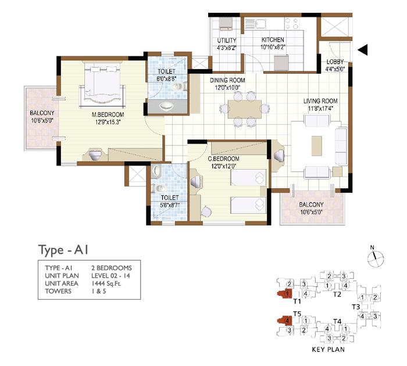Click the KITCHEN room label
[273, 40]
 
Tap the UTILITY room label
[227, 41]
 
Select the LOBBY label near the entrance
[335, 62]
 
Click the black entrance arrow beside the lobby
[363, 50]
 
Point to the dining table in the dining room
[245, 109]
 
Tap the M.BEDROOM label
[108, 114]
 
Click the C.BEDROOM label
[223, 159]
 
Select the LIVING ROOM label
[320, 101]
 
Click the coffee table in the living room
[317, 146]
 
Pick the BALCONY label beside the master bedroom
[42, 113]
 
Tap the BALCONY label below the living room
[311, 204]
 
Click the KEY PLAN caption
[328, 350]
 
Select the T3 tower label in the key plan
[356, 307]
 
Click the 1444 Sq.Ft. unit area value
[106, 284]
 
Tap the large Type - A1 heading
[63, 250]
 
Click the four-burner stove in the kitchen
[291, 23]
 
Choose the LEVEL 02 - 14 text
[110, 276]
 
